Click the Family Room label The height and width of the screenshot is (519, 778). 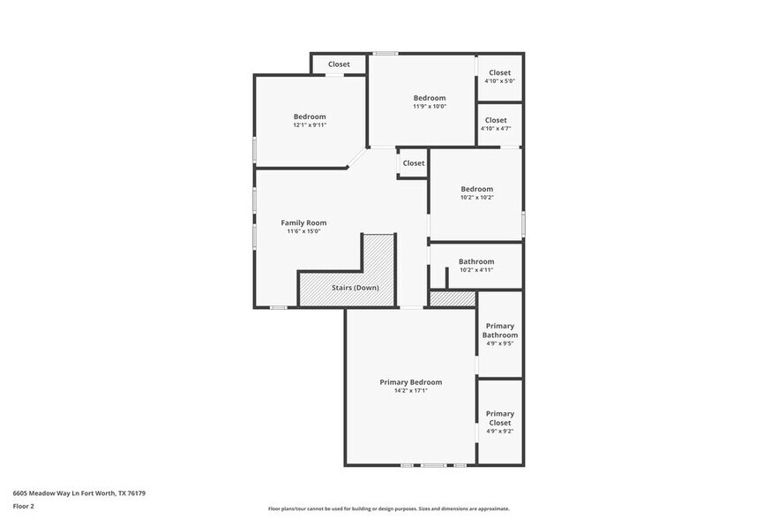[x=303, y=222]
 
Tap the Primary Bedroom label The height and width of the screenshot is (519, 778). [x=410, y=382]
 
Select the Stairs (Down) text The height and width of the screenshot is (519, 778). [x=355, y=288]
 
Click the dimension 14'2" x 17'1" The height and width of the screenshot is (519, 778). [x=410, y=391]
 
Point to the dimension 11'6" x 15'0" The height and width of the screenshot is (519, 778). [x=303, y=231]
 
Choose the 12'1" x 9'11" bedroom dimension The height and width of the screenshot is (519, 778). [x=310, y=125]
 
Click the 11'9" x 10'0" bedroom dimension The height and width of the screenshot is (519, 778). [x=430, y=107]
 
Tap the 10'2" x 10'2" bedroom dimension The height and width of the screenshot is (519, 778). [x=476, y=198]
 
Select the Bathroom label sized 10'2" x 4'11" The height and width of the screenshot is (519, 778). [x=476, y=261]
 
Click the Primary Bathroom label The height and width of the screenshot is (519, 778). [x=500, y=331]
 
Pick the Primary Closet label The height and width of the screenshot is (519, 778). [x=500, y=418]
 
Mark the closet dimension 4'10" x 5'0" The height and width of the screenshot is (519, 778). [x=499, y=81]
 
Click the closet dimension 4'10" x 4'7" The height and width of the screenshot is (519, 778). [x=496, y=129]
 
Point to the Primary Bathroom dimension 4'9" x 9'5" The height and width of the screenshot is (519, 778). [x=500, y=344]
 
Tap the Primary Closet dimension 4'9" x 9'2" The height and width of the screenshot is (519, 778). [x=500, y=432]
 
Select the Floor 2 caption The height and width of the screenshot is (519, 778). [x=23, y=507]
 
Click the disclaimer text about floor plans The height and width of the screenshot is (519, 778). [x=389, y=509]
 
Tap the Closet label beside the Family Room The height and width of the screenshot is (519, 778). [x=414, y=163]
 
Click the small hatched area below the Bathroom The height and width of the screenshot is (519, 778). [x=453, y=299]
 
